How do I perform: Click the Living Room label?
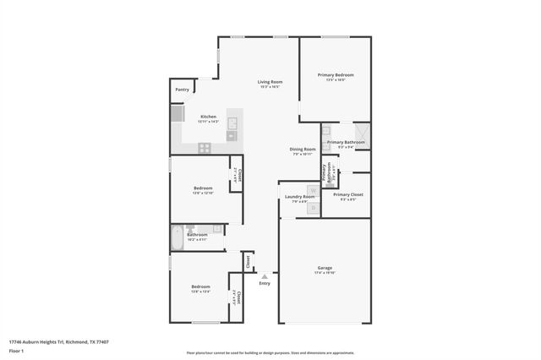click(x=270, y=81)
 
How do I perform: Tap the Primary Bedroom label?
click(x=335, y=75)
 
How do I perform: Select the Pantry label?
click(x=182, y=89)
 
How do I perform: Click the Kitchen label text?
click(x=208, y=116)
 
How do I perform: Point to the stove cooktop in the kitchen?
click(x=205, y=147)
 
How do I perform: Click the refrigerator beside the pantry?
click(x=178, y=114)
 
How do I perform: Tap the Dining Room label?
click(x=303, y=149)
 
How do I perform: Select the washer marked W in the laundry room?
click(x=312, y=192)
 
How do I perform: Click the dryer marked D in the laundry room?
click(x=312, y=207)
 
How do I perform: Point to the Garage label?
click(x=325, y=268)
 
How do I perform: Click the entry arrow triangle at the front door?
click(x=265, y=275)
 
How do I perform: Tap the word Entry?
click(x=265, y=283)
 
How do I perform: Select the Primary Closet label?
click(x=347, y=194)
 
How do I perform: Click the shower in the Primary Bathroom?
click(x=361, y=131)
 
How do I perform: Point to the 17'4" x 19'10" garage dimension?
click(x=325, y=274)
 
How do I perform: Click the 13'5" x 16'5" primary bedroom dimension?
click(x=335, y=81)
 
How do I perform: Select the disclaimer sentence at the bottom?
click(x=270, y=352)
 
